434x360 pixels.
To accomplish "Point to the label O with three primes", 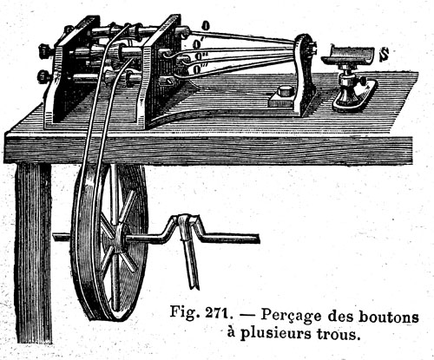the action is tap(198, 69).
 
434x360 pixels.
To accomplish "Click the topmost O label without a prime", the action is tap(206, 26).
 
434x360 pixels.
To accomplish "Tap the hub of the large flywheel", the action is tap(118, 239).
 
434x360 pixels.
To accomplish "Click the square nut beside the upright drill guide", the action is tap(284, 92).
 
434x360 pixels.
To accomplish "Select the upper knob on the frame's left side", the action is tap(45, 50).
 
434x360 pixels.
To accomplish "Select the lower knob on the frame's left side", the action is tap(44, 76).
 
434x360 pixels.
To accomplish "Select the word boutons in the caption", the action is tap(389, 317).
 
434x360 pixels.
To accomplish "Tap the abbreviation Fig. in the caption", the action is tap(184, 312).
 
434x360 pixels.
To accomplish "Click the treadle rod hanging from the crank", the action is tap(188, 252).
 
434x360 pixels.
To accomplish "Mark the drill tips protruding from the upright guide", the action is tap(312, 49).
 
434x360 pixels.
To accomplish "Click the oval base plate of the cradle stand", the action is tap(355, 97).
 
